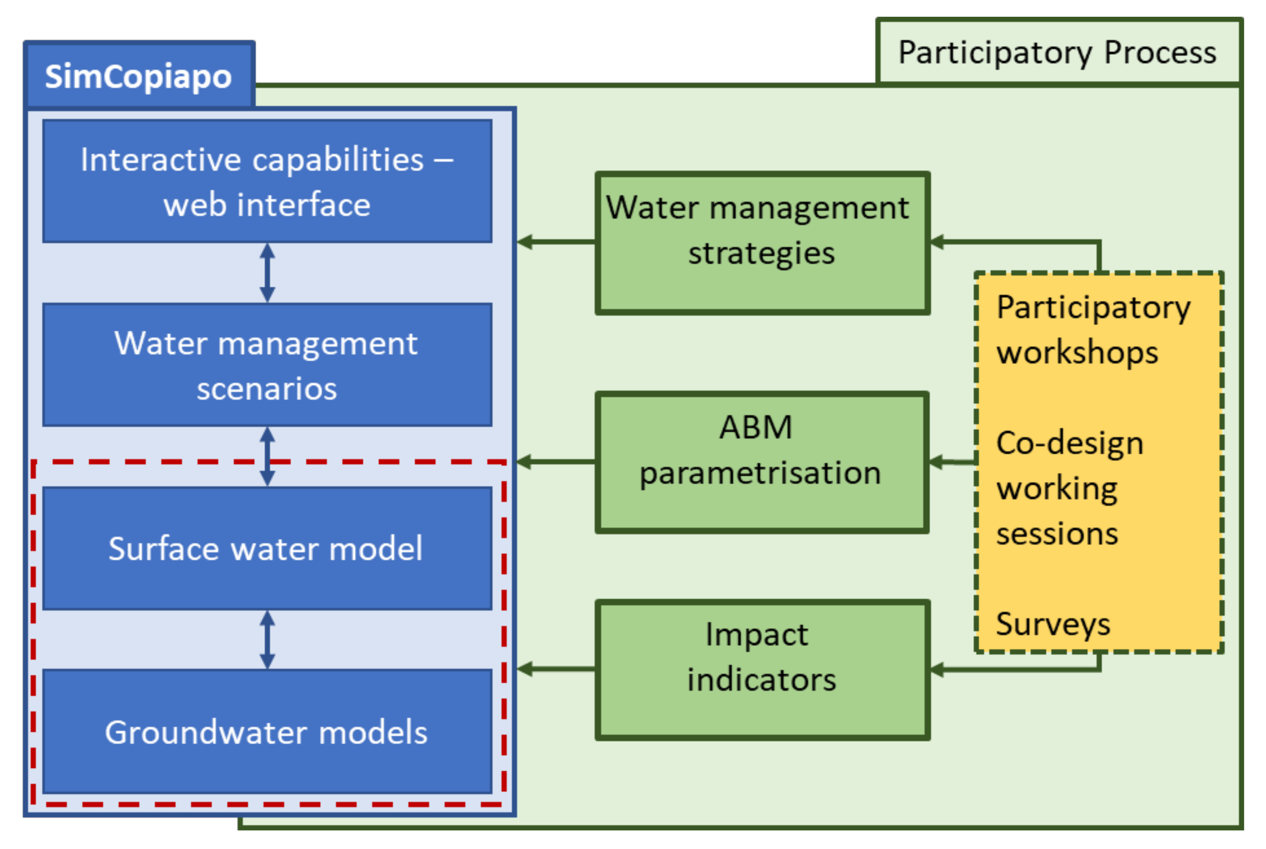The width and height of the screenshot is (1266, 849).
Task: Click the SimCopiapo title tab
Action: tap(139, 76)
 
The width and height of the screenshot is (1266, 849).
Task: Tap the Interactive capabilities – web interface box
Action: tap(267, 181)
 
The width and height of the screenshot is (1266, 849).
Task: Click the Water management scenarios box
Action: tap(267, 365)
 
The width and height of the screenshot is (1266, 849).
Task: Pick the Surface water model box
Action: tap(267, 548)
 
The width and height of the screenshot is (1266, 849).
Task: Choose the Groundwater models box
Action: tap(267, 732)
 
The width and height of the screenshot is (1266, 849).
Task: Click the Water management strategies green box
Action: tap(762, 243)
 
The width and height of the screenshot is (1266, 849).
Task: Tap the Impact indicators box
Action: tap(762, 670)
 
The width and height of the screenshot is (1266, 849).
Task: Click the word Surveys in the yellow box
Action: tap(1053, 624)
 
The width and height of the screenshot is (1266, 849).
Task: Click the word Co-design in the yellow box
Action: tap(1070, 443)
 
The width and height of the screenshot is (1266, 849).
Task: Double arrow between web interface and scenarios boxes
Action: tap(267, 273)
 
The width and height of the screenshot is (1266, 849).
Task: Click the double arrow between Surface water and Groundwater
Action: tap(267, 640)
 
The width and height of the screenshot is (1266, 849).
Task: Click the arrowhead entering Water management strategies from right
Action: tap(937, 242)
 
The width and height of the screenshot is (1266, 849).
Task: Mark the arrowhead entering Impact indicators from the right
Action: tap(937, 670)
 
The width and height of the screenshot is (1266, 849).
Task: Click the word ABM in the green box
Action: tap(756, 427)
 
